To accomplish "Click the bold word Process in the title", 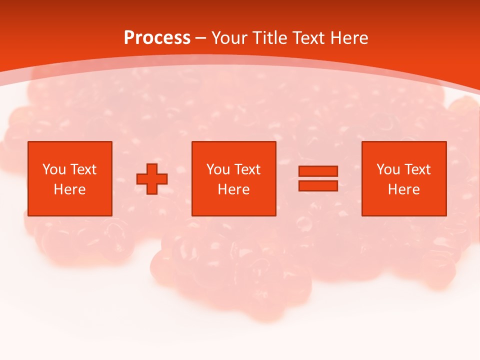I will point(157,38).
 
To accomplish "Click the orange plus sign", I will point(152,179).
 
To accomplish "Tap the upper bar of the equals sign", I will point(318,171).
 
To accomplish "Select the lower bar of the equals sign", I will point(318,185).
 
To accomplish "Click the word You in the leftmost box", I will point(54,169).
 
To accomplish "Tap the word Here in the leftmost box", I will point(69,189).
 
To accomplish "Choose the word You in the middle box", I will point(218,169).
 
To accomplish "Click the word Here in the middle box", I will point(233,189).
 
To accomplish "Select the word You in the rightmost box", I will point(388,169).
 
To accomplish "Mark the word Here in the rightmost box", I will point(403,189).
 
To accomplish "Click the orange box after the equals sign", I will point(404,205).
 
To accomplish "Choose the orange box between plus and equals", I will point(233,205).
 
